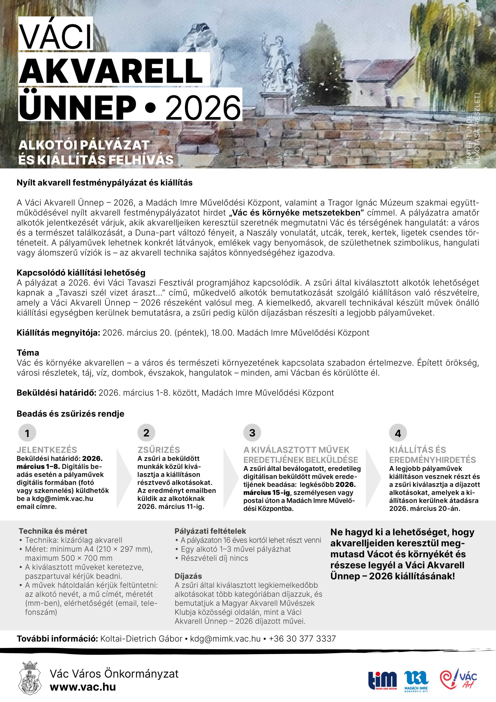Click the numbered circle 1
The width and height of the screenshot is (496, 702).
coord(27,433)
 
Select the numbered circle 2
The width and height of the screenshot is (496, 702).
coord(146,433)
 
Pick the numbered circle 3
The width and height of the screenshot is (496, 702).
coord(252,433)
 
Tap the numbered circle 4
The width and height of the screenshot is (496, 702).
coord(398,433)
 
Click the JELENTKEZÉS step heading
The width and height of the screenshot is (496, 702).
coord(47,450)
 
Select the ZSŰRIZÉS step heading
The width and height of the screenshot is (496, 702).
coord(159,450)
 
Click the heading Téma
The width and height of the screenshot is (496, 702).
coord(28,353)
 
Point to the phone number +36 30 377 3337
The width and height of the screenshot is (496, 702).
coord(302,638)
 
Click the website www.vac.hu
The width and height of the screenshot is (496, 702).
coord(83,687)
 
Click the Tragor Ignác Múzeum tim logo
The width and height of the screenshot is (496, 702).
coord(382,681)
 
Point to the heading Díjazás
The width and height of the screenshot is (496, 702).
coord(188,576)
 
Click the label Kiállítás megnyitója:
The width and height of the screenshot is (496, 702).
coord(58,332)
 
